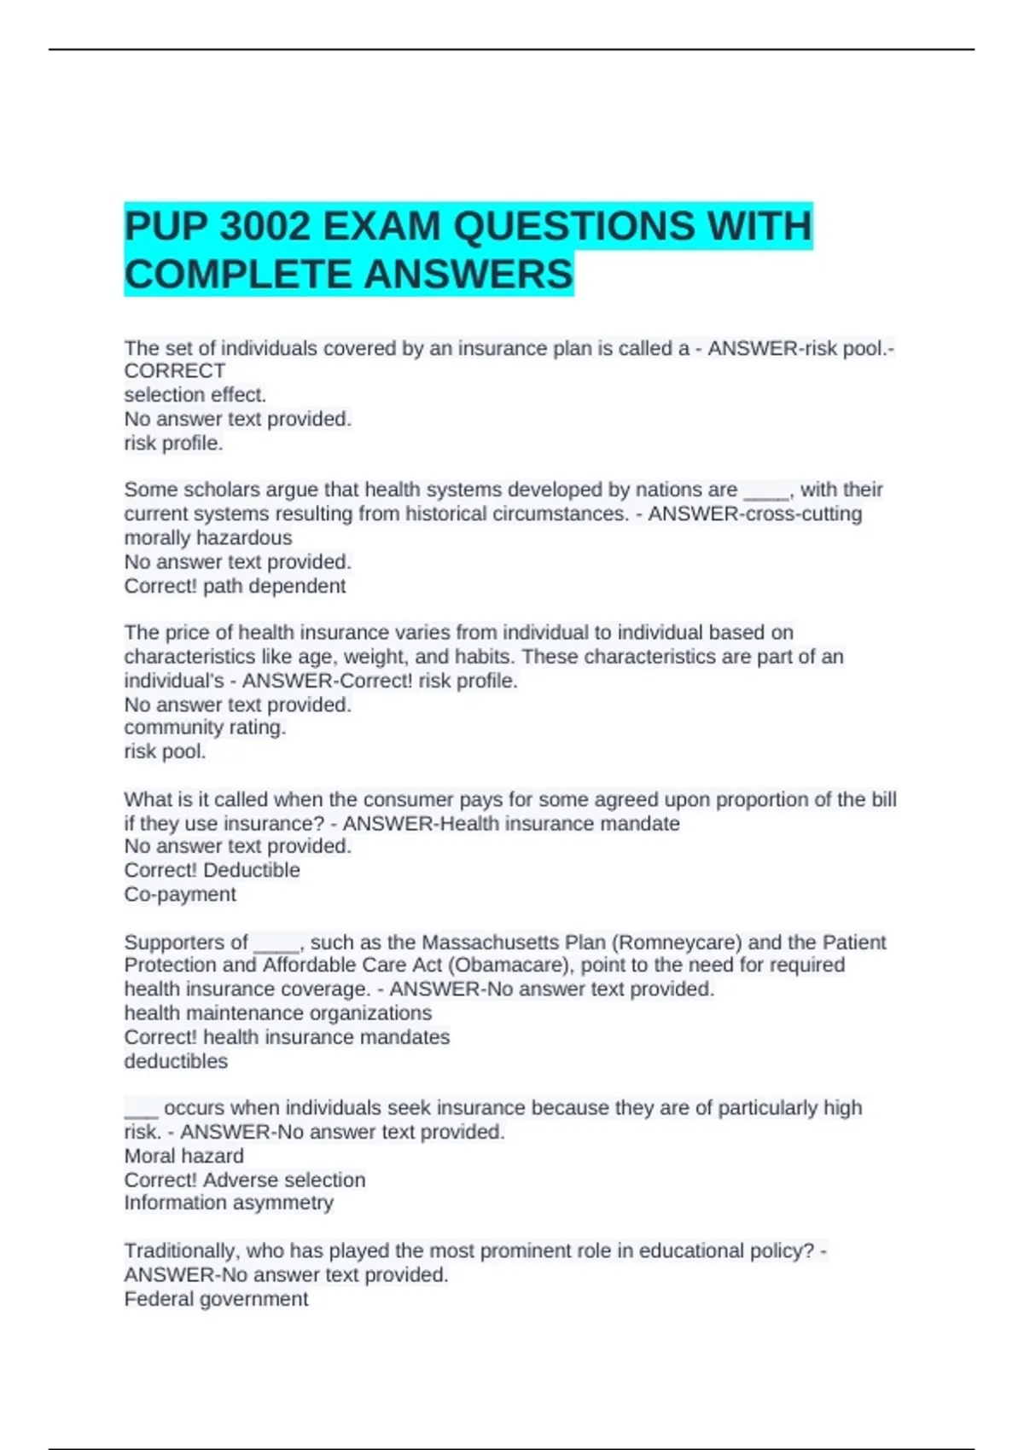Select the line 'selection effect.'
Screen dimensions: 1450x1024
coord(195,395)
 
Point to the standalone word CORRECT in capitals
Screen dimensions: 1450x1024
coord(175,371)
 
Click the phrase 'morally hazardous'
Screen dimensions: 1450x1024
coord(208,538)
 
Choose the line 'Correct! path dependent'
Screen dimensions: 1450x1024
coord(235,586)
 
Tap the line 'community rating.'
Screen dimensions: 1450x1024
coord(205,728)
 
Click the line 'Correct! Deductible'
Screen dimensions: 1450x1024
coord(212,870)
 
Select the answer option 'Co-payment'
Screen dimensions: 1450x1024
coord(180,894)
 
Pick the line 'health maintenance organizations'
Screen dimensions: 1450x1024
coord(278,1013)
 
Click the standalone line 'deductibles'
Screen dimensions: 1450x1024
coord(176,1061)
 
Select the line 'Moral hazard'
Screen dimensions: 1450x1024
coord(183,1156)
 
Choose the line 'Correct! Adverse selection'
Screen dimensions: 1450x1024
coord(245,1180)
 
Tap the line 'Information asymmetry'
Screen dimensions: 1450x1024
coord(229,1203)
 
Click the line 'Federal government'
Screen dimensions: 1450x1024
coord(216,1299)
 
